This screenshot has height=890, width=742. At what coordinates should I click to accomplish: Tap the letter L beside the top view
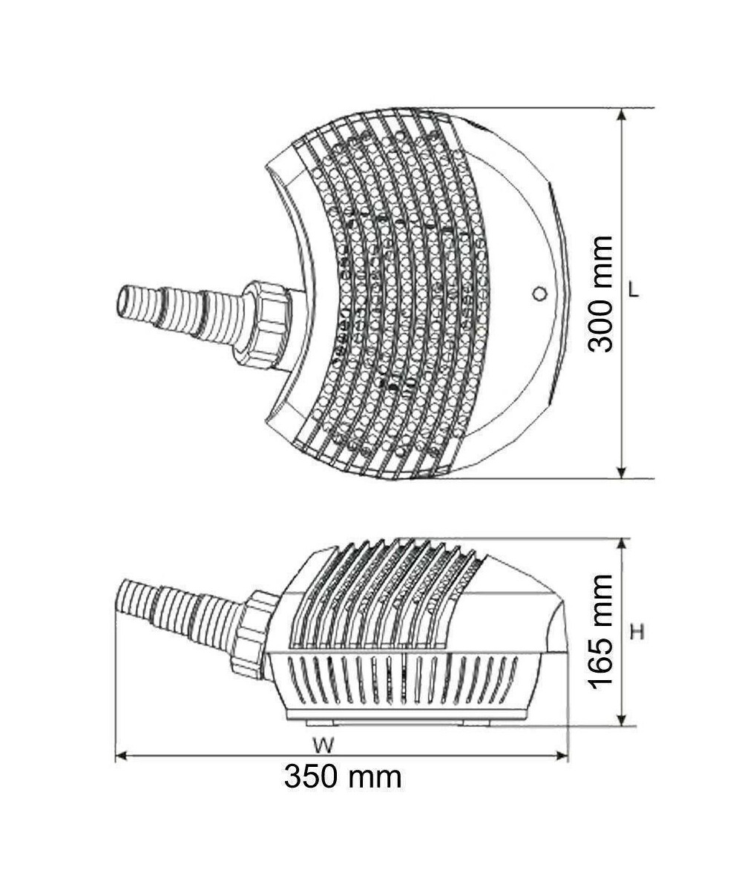pos(634,291)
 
